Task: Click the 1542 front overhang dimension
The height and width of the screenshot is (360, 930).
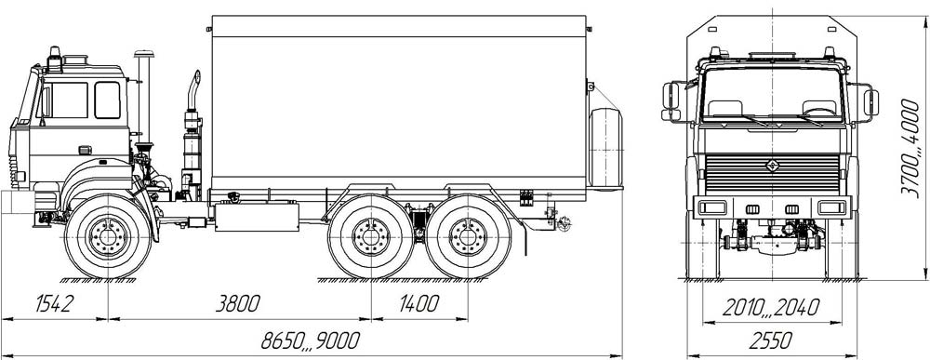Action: pos(54,303)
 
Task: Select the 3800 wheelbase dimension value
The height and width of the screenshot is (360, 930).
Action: pos(237,303)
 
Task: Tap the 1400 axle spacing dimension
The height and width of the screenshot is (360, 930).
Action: pos(418,303)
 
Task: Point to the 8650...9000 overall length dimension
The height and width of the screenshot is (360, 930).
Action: pos(311,341)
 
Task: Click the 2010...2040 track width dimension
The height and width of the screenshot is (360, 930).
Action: pos(770,308)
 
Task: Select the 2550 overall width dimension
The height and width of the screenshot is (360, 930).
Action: pos(770,341)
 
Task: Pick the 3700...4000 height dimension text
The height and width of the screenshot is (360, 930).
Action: pos(910,147)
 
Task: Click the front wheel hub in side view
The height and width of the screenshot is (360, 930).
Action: pos(108,236)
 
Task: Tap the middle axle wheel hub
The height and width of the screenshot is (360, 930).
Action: pos(371,236)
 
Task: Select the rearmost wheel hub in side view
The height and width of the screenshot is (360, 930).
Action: pos(468,236)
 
